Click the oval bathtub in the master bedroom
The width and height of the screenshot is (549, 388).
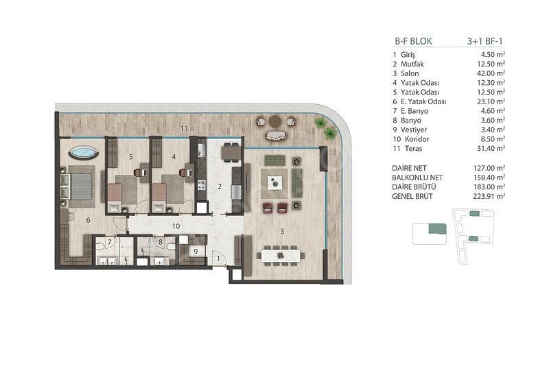point(83,153)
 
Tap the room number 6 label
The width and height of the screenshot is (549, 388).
point(88,220)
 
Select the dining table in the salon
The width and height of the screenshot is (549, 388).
point(281,256)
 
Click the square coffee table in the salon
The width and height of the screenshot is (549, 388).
point(274,182)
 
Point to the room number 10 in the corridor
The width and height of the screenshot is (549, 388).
point(176,226)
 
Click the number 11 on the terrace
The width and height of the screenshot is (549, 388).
point(184,129)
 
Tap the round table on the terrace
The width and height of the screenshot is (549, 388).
point(275,121)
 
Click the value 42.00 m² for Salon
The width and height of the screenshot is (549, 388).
point(489,73)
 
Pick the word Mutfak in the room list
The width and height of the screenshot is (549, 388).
point(412,64)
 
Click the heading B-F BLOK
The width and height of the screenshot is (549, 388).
point(413,41)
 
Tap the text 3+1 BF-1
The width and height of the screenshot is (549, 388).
point(485,41)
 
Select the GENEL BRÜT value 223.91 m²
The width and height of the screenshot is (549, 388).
point(489,196)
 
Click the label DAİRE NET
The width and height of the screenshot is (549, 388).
point(409,168)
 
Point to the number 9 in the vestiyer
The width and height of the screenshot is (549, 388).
point(196,252)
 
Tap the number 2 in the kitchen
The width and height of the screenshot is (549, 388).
point(220,187)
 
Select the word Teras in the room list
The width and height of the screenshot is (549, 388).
point(414,148)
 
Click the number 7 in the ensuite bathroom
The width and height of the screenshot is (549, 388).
point(110,242)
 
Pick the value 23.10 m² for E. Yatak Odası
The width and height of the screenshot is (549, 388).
point(489,101)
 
